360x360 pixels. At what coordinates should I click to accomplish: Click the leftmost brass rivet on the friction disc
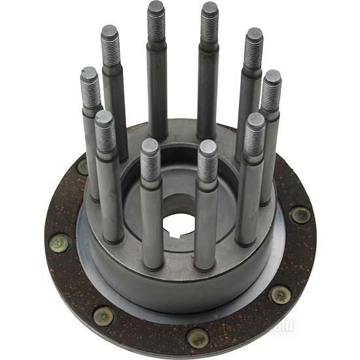[x=59, y=243]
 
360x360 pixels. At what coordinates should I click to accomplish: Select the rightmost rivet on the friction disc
[x=300, y=214]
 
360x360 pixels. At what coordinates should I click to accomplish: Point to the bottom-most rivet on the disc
[x=198, y=338]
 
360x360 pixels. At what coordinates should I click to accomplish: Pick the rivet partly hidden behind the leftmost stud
[x=83, y=166]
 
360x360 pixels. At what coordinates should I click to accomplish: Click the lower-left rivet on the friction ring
[x=103, y=315]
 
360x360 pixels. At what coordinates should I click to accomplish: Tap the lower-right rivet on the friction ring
[x=281, y=295]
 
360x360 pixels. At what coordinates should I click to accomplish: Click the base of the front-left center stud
[x=153, y=262]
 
